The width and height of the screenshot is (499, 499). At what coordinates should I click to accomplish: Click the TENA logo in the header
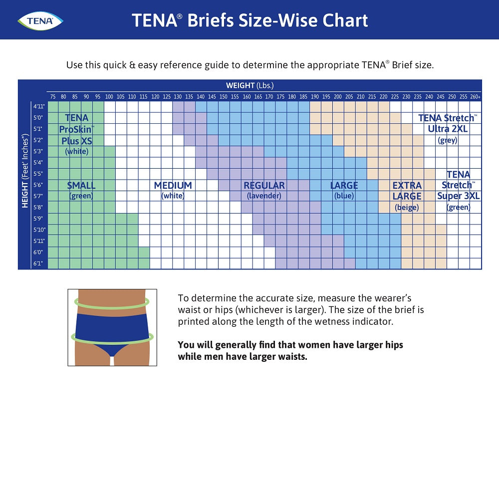40,20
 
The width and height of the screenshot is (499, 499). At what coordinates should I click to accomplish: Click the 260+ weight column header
475,96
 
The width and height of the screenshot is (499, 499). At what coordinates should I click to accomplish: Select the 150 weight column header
224,96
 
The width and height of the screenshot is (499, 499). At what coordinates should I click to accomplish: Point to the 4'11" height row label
39,106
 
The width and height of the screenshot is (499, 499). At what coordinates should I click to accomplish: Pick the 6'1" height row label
39,263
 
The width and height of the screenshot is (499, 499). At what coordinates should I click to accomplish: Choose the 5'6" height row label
39,185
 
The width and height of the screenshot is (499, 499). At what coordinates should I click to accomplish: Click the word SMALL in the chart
81,186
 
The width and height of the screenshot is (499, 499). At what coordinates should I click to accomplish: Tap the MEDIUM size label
173,186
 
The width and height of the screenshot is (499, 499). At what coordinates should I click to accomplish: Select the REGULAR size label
264,186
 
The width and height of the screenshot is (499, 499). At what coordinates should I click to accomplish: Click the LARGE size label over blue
344,186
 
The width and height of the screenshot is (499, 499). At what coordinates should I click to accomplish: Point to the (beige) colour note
407,208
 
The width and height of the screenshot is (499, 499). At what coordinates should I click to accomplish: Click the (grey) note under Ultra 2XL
448,140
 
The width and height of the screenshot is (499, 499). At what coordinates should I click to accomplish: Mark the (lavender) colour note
264,196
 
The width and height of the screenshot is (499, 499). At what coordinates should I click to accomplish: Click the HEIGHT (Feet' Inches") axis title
24,185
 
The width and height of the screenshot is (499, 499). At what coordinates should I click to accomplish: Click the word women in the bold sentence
315,345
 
